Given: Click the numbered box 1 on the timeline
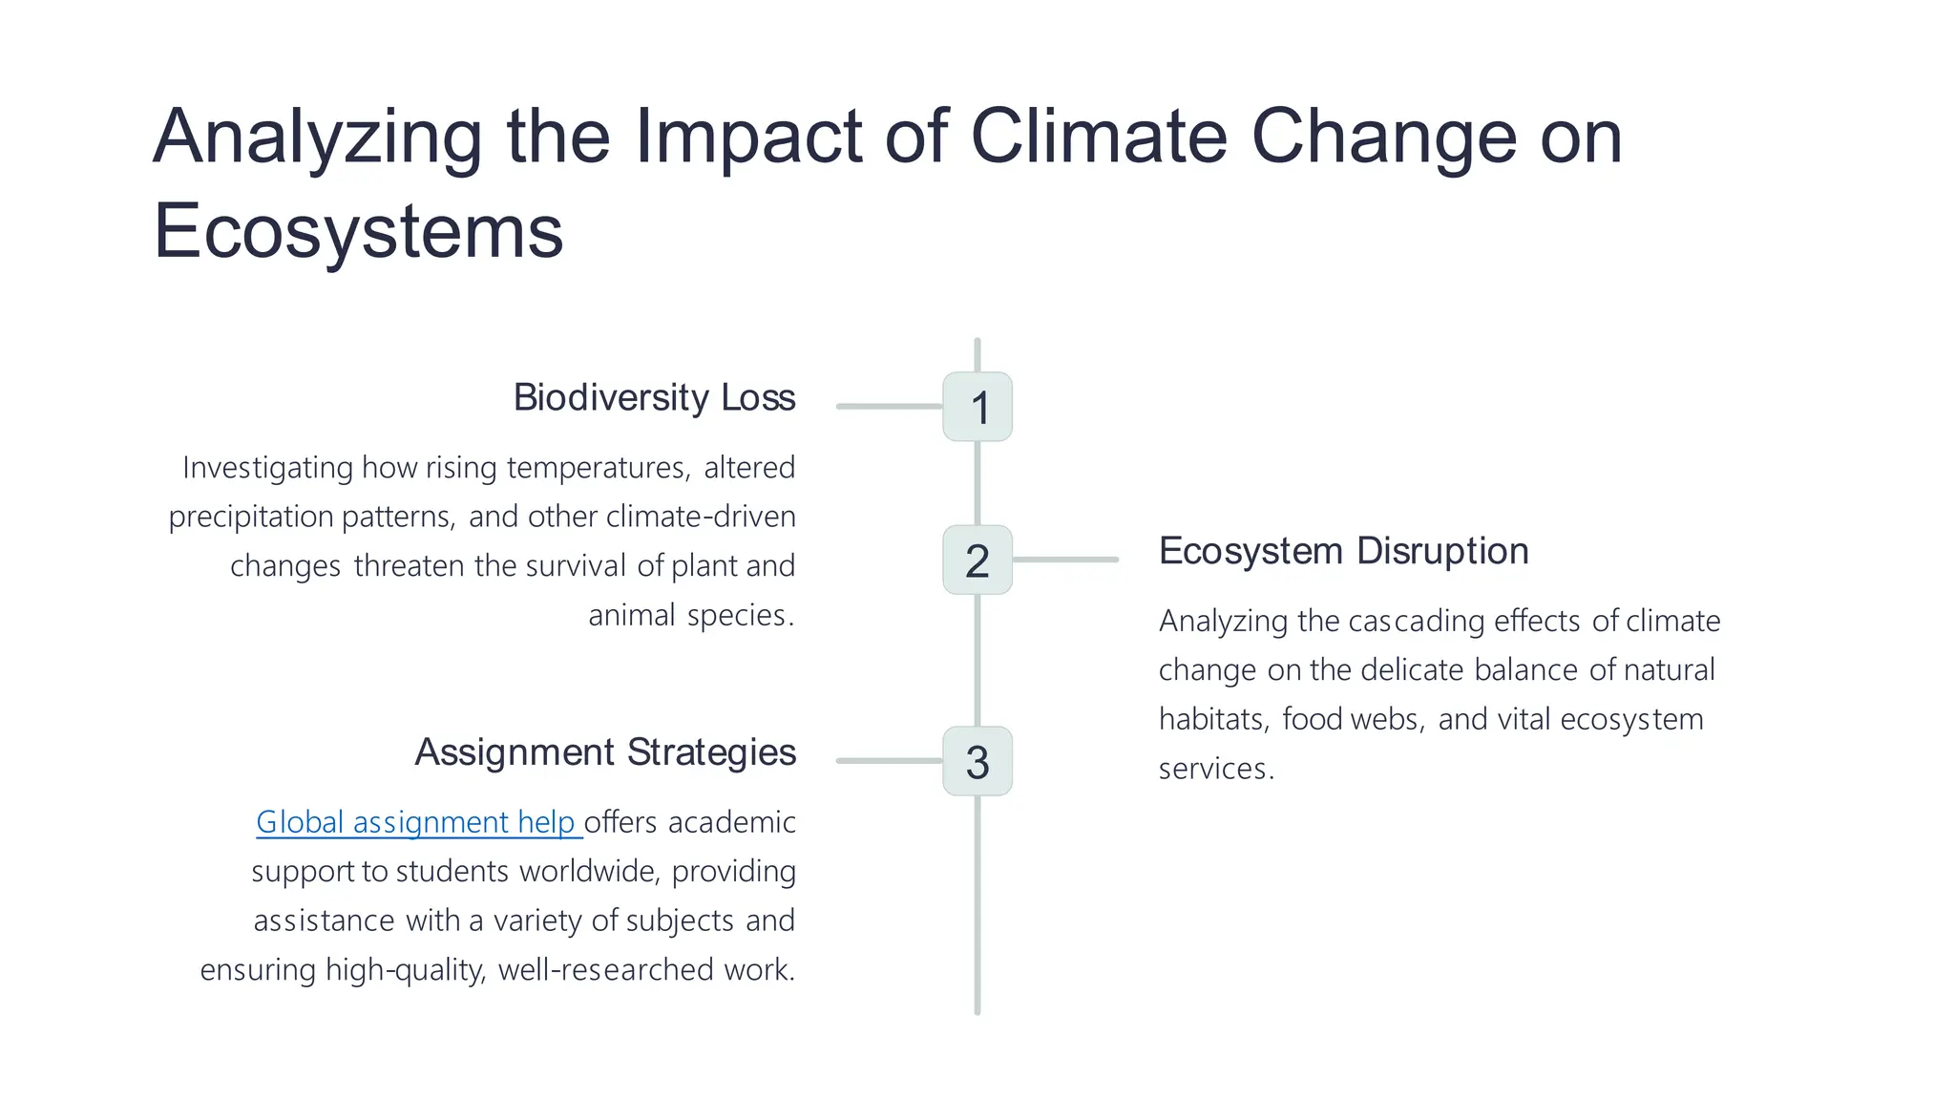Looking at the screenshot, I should point(977,407).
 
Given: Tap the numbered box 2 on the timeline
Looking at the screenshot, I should point(977,560).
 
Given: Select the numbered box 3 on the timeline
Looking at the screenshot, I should point(977,761).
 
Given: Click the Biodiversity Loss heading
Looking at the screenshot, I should point(654,397).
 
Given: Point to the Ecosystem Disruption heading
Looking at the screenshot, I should point(1343,551).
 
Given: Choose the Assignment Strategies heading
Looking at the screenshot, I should point(604,752).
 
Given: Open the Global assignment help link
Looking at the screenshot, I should point(417,822).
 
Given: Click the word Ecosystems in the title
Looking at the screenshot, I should point(358,231).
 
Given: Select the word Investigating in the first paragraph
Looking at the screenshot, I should point(267,468).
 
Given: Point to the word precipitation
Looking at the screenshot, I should point(250,518).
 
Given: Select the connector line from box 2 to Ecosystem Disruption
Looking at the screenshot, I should point(1065,560).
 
